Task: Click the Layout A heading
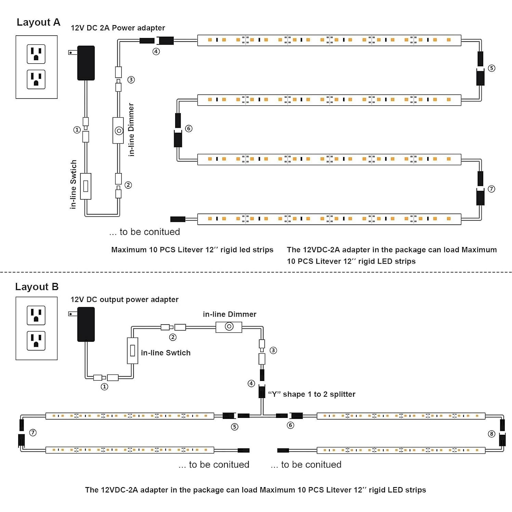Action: (38, 22)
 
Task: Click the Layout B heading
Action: (37, 287)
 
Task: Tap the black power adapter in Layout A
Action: (86, 63)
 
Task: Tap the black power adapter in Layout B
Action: (86, 324)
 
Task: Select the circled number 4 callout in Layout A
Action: (156, 52)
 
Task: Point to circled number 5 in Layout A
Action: (491, 68)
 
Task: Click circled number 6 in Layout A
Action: (189, 129)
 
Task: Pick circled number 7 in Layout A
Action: (491, 189)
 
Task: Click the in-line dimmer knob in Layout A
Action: (119, 131)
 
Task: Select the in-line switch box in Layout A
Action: (86, 186)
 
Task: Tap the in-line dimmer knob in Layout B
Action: (229, 327)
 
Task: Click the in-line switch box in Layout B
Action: (133, 351)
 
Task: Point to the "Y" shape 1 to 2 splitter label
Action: (312, 394)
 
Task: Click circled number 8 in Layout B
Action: (491, 434)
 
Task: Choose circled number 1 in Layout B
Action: (104, 386)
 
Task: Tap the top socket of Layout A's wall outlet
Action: (36, 54)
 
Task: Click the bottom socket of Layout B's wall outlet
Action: (36, 341)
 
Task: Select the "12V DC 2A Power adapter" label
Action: (118, 28)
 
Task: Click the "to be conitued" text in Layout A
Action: (145, 232)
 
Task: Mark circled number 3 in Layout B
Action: (273, 350)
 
